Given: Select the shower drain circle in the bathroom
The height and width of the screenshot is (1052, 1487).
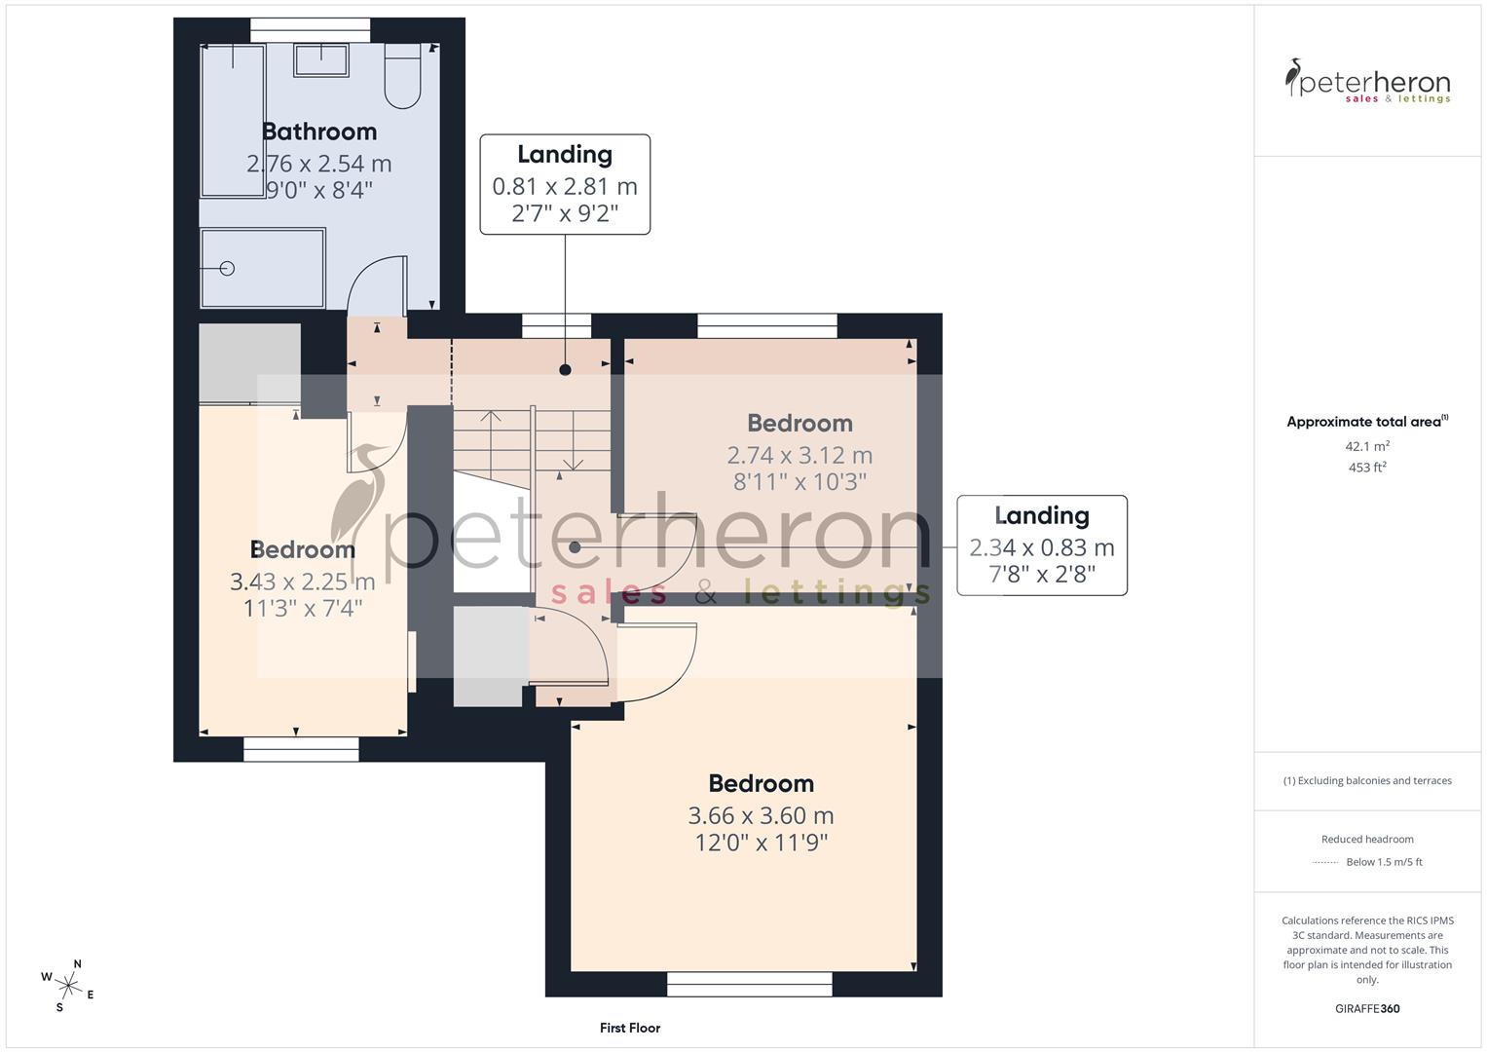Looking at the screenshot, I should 228,268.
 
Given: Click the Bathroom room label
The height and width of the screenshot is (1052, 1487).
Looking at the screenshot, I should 319,131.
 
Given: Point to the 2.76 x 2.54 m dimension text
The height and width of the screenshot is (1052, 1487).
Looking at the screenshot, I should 319,163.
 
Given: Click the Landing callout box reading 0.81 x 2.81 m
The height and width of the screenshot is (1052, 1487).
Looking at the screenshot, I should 565,184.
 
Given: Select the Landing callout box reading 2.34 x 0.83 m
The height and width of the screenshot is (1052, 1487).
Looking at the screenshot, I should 1042,545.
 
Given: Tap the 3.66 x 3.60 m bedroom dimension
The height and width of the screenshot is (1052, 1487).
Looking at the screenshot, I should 761,815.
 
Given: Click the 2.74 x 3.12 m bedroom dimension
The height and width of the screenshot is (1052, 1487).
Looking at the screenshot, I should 799,455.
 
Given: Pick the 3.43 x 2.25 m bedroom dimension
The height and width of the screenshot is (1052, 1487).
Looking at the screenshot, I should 302,582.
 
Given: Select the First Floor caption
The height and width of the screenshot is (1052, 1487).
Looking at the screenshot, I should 630,1028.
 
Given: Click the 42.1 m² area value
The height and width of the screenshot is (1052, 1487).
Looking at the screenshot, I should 1367,446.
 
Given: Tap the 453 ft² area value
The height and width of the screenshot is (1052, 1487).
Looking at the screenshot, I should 1367,468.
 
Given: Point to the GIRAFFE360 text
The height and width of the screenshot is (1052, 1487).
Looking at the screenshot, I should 1367,1008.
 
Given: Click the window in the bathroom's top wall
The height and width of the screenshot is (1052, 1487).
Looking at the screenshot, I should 311,30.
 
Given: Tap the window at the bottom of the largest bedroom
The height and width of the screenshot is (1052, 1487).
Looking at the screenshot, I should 750,985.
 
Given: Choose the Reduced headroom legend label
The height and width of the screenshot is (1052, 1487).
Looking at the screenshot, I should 1367,839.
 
